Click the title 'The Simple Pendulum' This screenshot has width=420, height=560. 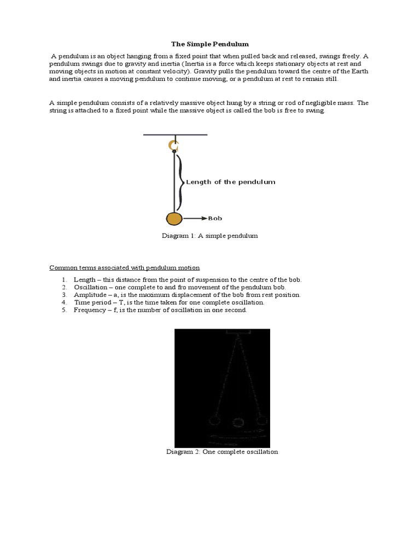pos(210,44)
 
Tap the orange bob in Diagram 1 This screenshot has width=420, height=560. pos(174,219)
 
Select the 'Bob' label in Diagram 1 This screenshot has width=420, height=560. pos(215,218)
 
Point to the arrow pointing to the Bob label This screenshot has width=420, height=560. pos(195,218)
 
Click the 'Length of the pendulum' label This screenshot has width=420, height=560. pos(230,182)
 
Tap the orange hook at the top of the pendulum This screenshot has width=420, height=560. pos(174,145)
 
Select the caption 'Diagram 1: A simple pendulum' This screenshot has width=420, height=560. pos(209,236)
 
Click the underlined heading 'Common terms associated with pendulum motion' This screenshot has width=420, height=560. pos(124,268)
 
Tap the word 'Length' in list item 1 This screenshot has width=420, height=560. pos(84,279)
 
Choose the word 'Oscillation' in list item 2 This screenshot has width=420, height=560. pos(91,287)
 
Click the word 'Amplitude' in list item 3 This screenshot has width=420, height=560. pos(90,295)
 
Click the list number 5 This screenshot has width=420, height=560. pos(63,310)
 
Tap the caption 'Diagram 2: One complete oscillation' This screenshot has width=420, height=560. pos(222,452)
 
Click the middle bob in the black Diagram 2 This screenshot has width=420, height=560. pos(238,422)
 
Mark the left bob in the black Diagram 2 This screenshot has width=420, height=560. pos(214,420)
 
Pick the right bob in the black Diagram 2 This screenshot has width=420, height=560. pos(262,420)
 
